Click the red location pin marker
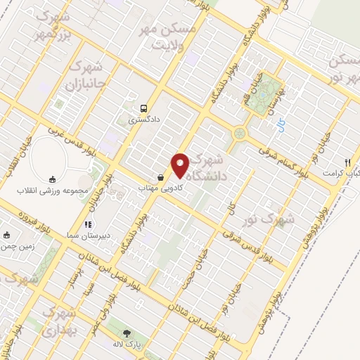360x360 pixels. point(180,165)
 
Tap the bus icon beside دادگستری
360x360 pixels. point(143,108)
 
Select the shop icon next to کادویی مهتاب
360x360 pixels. point(162,178)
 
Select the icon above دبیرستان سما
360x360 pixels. point(87,225)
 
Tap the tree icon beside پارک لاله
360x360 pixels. point(127,334)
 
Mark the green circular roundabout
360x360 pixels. point(240,132)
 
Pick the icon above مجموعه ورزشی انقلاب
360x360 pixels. point(51,179)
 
